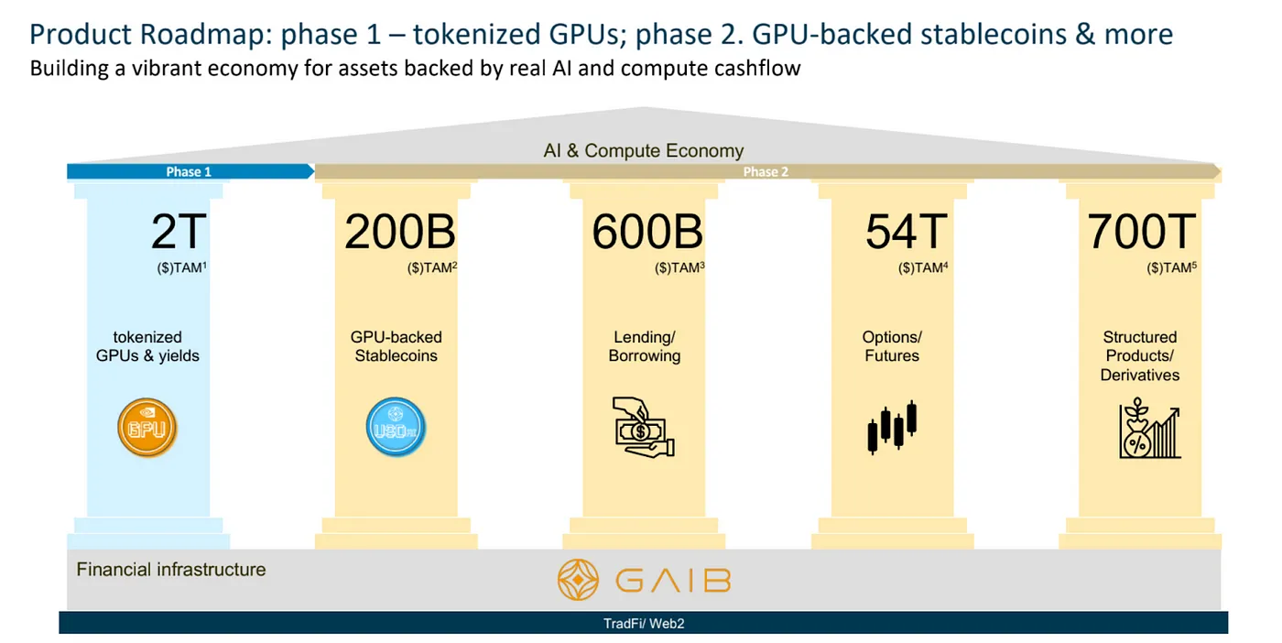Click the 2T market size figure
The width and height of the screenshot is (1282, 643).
point(179,232)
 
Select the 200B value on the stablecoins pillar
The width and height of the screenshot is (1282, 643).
point(399,232)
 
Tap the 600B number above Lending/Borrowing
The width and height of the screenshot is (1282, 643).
point(647,232)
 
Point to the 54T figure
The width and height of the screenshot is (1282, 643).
point(907,232)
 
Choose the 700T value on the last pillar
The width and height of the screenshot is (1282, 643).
point(1141,232)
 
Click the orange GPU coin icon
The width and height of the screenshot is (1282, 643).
point(147,427)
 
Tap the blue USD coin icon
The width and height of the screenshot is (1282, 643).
point(396,427)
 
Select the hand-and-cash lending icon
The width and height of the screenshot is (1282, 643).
point(643,427)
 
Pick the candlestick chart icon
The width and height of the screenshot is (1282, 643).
point(892,427)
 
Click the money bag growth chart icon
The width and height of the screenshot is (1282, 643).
point(1149,429)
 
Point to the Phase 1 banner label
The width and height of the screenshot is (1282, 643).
point(189,172)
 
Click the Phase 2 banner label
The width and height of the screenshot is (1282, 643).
point(766,172)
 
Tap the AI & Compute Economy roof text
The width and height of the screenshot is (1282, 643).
point(643,150)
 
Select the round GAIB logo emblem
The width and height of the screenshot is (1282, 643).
point(578,580)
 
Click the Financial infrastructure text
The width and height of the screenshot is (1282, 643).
point(171,570)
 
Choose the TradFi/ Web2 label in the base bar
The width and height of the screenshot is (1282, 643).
point(644,624)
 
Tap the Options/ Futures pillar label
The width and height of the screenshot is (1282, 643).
point(892,346)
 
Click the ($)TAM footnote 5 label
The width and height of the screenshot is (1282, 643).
point(1171,267)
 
